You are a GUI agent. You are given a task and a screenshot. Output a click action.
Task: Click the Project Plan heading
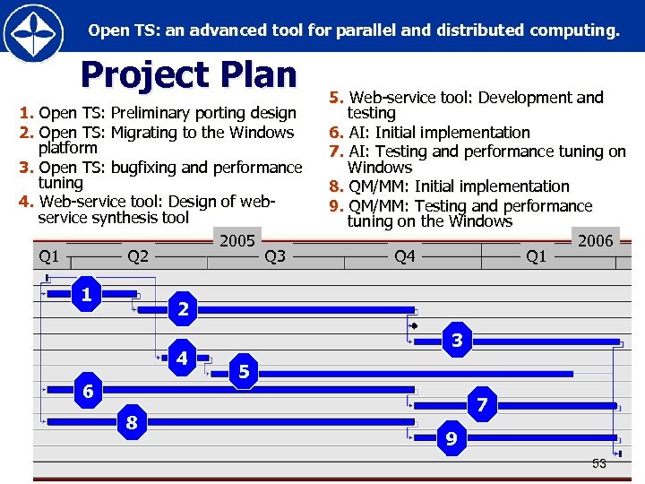point(188,75)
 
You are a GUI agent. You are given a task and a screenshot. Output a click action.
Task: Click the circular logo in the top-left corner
point(33,32)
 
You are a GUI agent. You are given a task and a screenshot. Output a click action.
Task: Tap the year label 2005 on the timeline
point(237,240)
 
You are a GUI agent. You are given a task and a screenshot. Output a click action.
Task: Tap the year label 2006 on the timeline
point(596,240)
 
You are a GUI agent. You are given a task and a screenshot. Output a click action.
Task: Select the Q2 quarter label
point(138,257)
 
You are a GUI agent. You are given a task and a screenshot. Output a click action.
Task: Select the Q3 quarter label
point(275,257)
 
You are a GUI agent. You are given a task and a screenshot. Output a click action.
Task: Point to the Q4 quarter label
point(405,257)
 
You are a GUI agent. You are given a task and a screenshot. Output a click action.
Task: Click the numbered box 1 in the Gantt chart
point(86,294)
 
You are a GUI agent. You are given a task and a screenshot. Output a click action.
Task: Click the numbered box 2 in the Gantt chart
point(183,309)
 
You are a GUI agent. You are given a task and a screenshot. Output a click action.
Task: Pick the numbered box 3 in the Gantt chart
point(457,340)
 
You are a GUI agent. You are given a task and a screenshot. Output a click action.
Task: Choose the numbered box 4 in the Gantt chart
point(183,358)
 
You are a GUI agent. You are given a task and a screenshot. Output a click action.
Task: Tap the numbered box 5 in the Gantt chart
point(244,371)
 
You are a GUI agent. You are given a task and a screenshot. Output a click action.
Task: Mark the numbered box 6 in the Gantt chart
point(88,392)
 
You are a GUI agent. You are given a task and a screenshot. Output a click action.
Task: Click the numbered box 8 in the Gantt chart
point(132,421)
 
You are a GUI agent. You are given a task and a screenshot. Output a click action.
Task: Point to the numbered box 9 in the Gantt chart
point(451,438)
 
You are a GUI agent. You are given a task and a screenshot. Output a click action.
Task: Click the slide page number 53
point(598,463)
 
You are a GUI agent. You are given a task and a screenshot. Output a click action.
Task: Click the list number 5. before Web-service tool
point(337,98)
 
